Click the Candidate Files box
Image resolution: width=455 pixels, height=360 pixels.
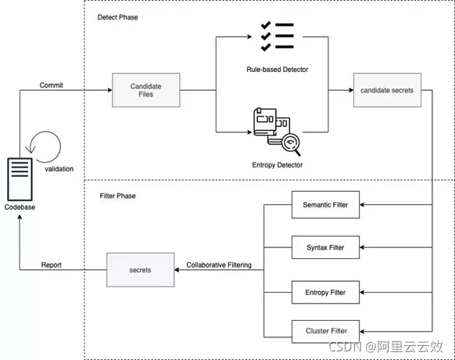pos(146,90)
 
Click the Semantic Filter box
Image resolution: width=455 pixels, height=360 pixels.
pos(324,205)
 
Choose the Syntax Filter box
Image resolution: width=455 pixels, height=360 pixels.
pos(324,247)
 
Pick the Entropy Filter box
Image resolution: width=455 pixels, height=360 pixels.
pos(324,293)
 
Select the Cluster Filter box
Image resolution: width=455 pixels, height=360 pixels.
pos(324,330)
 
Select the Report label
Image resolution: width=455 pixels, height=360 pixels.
pos(51,265)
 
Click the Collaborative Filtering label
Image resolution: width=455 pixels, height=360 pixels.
pos(219,265)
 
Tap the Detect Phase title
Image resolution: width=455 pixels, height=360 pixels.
pos(116,17)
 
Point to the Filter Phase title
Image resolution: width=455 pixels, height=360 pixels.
pos(117,196)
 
